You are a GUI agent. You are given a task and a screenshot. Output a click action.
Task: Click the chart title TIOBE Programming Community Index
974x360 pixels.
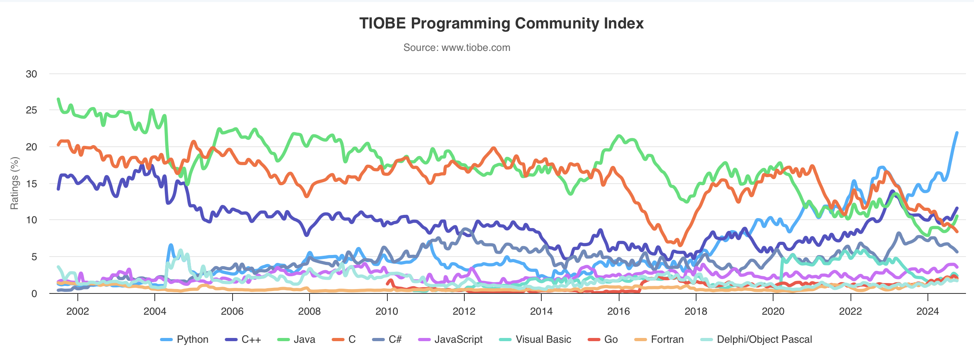coord(501,23)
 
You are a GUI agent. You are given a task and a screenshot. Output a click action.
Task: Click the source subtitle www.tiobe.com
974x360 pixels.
coord(457,48)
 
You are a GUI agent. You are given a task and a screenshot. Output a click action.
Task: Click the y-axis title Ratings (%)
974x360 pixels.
coord(15,183)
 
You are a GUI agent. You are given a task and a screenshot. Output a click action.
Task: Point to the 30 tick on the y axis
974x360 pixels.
coord(31,74)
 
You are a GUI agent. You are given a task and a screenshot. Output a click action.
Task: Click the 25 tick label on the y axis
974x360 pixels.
coord(31,110)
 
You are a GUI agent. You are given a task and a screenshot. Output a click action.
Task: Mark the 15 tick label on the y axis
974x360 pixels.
coord(31,184)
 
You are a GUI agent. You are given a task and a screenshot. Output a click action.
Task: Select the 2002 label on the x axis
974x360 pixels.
coord(77,311)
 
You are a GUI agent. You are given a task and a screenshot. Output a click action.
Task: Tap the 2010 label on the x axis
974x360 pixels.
coord(387,311)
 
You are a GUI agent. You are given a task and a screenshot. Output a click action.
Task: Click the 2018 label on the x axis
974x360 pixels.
coord(696,311)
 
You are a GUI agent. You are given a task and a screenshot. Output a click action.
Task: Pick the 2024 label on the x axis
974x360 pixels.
coord(927,311)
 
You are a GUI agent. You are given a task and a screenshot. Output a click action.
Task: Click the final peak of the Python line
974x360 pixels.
coord(957,133)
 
